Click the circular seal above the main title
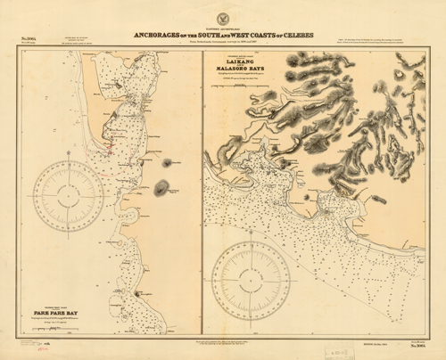click(222, 16)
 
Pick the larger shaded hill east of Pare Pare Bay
click(162, 188)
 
